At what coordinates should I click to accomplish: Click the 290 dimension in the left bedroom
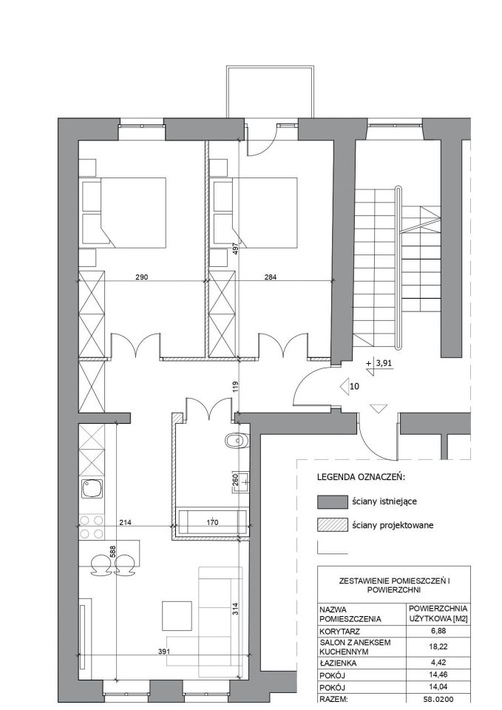click(142, 277)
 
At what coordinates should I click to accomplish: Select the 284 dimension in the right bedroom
click(270, 277)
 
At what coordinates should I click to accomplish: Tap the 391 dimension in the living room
click(164, 652)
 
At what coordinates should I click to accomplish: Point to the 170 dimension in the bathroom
click(212, 522)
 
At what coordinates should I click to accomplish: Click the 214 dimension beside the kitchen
click(125, 522)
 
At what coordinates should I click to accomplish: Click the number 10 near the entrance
click(354, 386)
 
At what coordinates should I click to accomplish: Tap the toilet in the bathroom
click(237, 440)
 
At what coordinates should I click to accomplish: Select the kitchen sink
click(92, 490)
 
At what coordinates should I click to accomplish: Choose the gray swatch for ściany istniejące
click(332, 501)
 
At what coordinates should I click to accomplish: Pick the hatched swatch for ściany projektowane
click(332, 525)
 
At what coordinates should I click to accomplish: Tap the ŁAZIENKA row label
click(338, 663)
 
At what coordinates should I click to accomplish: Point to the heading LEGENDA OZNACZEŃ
click(361, 477)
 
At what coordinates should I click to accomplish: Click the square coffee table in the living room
click(177, 616)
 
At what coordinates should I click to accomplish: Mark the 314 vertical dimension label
click(235, 608)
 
